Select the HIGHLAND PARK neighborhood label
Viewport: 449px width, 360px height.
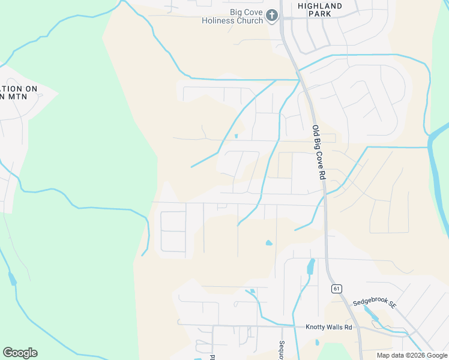(x=320, y=11)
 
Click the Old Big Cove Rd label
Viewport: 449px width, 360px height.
(x=318, y=152)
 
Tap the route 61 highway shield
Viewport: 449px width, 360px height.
(x=336, y=289)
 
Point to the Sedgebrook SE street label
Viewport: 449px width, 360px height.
(x=375, y=304)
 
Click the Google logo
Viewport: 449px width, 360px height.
(x=20, y=353)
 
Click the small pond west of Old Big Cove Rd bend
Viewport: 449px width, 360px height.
(x=268, y=243)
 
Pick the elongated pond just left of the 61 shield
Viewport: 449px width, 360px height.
(x=310, y=266)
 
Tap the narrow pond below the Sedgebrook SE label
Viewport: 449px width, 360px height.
(x=371, y=316)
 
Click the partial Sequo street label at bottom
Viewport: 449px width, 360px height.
(x=281, y=350)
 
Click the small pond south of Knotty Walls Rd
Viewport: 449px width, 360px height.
(x=317, y=343)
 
